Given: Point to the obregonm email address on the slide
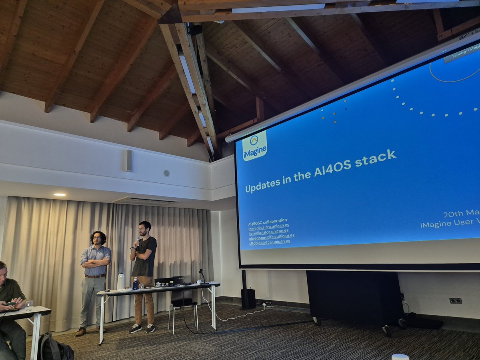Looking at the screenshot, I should (x=272, y=236).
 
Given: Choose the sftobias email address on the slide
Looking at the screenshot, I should (x=269, y=242).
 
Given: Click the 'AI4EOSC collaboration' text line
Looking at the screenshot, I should (x=268, y=220).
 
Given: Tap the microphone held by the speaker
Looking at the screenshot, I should (x=138, y=242).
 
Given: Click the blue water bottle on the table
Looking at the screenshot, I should (x=135, y=284).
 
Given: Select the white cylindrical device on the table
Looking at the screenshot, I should (x=121, y=282).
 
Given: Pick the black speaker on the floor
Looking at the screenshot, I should (x=248, y=298).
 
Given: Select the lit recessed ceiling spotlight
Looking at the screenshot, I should (x=60, y=195).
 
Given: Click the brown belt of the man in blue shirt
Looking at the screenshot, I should (x=95, y=276).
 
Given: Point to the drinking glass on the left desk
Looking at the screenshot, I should (x=29, y=306).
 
